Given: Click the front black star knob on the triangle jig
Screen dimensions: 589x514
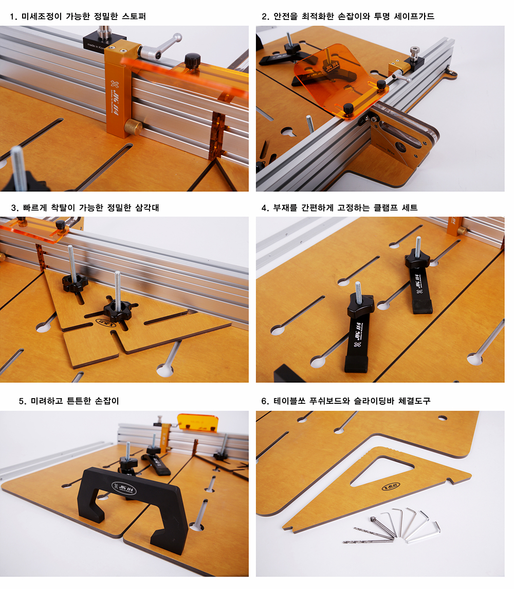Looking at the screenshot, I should (x=117, y=310).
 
